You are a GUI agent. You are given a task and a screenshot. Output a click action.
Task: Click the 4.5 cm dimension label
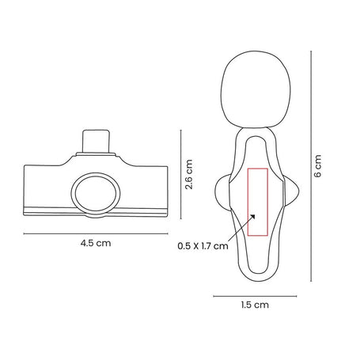click(96, 243)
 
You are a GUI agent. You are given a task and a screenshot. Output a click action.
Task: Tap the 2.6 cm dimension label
click(189, 174)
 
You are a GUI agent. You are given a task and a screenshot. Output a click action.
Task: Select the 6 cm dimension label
click(318, 166)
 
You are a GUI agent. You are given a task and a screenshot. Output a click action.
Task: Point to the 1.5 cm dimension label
click(255, 305)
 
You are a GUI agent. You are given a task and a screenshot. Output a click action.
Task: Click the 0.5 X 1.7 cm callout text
click(203, 246)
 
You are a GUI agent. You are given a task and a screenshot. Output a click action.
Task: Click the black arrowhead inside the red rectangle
click(252, 217)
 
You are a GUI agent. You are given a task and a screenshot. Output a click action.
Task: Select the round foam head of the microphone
click(256, 89)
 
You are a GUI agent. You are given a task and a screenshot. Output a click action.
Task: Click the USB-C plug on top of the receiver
click(96, 141)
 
